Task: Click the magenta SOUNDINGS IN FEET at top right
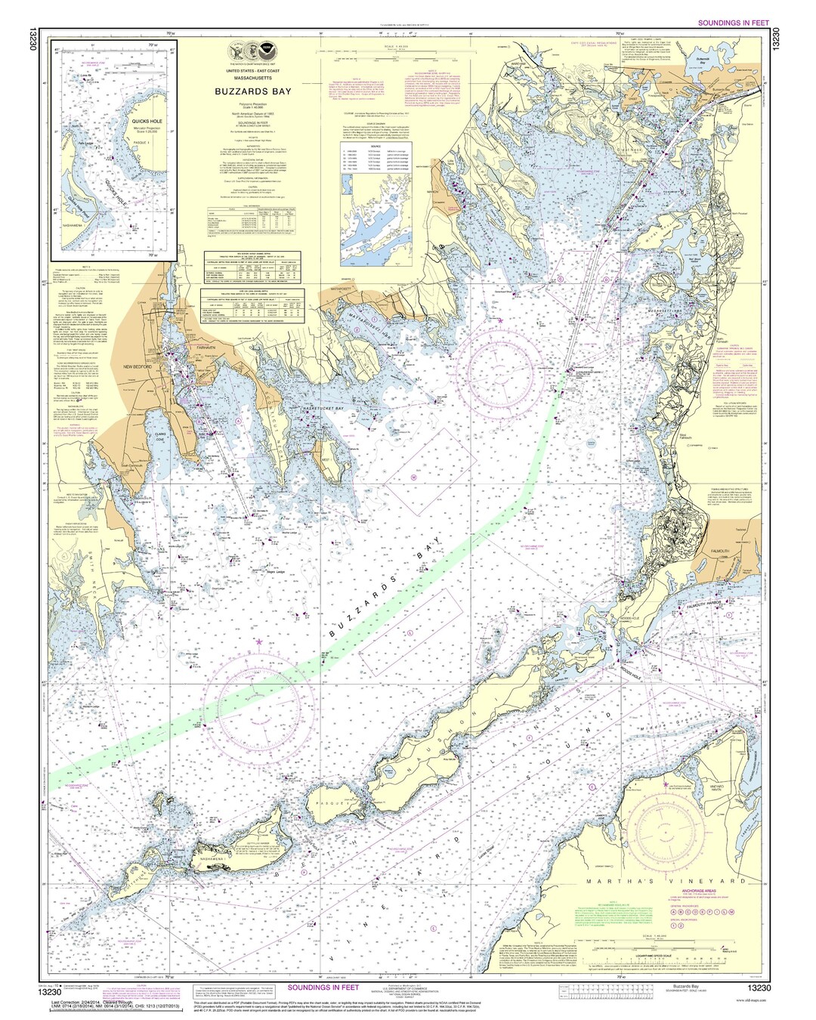(732, 23)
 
